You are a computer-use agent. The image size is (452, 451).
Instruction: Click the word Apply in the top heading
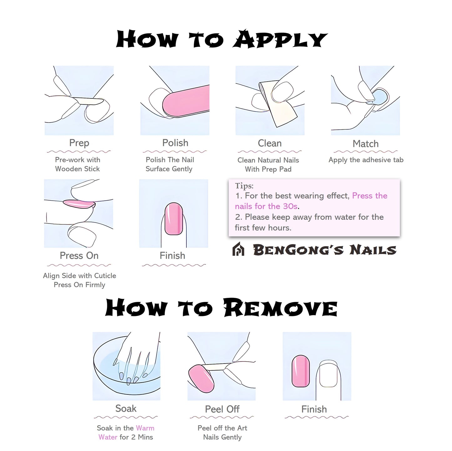[x=280, y=40]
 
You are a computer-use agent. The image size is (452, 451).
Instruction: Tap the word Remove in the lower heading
[x=280, y=308]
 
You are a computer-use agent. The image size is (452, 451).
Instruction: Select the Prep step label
[x=79, y=143]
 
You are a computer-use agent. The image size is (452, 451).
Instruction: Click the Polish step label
[x=175, y=143]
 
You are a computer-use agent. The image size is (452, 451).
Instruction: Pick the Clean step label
[x=270, y=143]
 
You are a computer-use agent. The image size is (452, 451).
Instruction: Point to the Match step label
[x=365, y=144]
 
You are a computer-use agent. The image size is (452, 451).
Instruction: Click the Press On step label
[x=79, y=256]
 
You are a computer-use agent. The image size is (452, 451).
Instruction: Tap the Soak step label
[x=126, y=408]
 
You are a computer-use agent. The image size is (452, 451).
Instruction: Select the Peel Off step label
[x=222, y=409]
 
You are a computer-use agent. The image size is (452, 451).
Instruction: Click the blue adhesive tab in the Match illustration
[x=380, y=97]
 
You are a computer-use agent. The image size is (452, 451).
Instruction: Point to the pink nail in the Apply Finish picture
[x=174, y=219]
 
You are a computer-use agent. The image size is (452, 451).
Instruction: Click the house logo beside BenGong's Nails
[x=238, y=249]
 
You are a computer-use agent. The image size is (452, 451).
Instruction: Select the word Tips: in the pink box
[x=244, y=186]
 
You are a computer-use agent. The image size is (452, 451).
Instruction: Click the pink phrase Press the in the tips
[x=370, y=196]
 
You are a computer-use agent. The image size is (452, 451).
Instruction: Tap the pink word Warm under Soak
[x=145, y=428]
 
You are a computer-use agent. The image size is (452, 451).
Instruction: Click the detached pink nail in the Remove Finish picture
[x=301, y=371]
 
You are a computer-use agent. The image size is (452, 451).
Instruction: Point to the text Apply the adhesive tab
[x=366, y=160]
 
